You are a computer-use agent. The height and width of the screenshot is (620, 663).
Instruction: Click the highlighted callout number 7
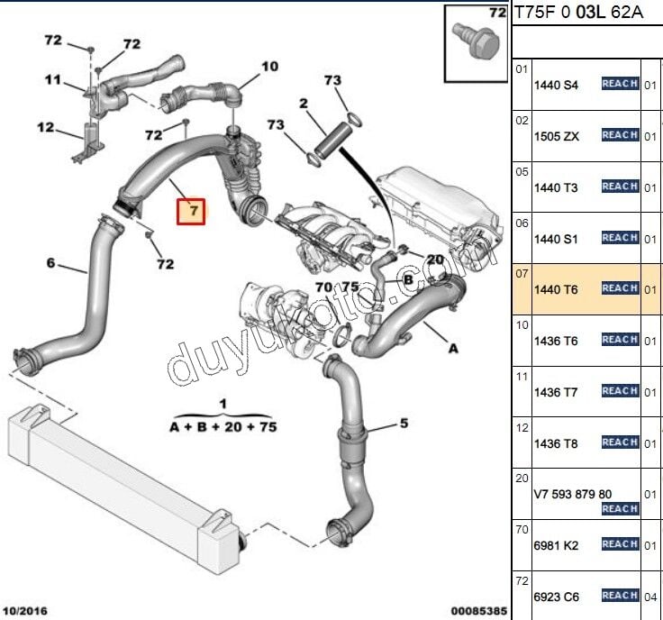[192, 212]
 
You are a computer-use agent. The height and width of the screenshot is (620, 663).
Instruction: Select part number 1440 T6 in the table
[556, 289]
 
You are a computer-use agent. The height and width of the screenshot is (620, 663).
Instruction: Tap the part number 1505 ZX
[556, 136]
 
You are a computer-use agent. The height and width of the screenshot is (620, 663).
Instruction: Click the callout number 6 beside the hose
[50, 263]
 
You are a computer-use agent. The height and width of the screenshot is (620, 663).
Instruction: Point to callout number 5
[404, 423]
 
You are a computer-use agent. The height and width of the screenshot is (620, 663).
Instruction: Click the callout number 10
[270, 66]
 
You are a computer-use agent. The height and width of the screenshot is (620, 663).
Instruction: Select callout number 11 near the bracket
[53, 79]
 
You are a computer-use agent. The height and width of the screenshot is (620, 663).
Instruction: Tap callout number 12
[45, 127]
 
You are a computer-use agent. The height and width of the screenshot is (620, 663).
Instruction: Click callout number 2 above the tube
[304, 105]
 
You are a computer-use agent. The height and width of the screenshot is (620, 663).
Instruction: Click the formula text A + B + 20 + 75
[223, 427]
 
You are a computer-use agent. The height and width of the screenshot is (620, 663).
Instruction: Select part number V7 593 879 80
[573, 494]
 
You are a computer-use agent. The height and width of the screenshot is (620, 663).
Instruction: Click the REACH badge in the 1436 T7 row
[620, 391]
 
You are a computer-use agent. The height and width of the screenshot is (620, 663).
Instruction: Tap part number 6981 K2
[556, 545]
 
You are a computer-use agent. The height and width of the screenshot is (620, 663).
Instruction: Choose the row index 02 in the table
[522, 119]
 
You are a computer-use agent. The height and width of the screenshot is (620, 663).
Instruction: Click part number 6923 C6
[556, 597]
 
